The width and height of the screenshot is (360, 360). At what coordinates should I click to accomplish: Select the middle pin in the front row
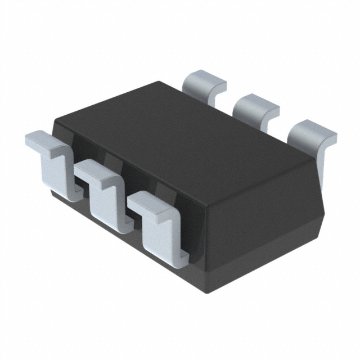pos(104,191)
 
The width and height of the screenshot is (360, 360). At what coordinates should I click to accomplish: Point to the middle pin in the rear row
pos(256,107)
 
